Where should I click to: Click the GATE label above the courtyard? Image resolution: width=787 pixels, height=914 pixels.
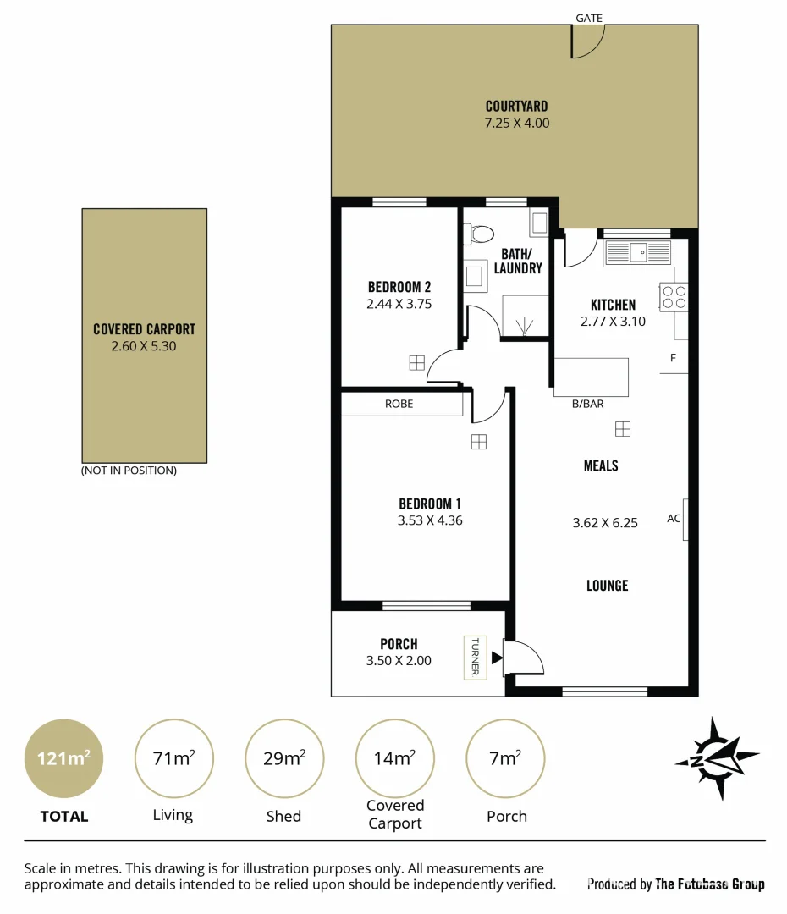click(x=588, y=18)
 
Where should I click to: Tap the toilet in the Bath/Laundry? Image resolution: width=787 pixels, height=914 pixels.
click(x=483, y=234)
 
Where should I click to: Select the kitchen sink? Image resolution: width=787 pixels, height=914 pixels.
click(x=637, y=251)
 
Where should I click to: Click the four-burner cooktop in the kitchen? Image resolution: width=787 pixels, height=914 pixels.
click(x=674, y=295)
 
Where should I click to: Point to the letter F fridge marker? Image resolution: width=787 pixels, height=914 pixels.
click(x=674, y=358)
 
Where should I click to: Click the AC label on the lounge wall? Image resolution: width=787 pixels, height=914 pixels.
click(x=674, y=518)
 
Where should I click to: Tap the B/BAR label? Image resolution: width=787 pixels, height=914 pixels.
click(x=587, y=404)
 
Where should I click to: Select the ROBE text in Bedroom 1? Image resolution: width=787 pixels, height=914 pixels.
click(x=399, y=404)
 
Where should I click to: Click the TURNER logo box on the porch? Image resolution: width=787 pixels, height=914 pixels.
click(x=474, y=657)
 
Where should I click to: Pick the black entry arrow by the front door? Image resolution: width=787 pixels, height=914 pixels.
click(x=497, y=656)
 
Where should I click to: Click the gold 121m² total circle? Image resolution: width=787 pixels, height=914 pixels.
click(x=63, y=758)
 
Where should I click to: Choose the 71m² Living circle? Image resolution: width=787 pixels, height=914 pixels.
click(x=174, y=758)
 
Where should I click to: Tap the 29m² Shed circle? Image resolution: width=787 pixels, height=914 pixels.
click(x=283, y=758)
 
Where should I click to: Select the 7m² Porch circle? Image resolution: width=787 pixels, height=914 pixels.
click(x=505, y=758)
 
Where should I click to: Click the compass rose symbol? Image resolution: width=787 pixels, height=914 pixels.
click(x=718, y=758)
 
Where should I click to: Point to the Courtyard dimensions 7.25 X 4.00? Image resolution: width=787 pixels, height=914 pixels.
click(x=516, y=123)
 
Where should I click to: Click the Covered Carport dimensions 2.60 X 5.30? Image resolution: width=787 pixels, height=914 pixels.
click(x=144, y=346)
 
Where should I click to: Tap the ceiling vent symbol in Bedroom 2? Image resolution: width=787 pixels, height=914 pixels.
click(x=416, y=362)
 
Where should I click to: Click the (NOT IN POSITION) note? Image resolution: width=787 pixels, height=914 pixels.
click(x=129, y=471)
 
